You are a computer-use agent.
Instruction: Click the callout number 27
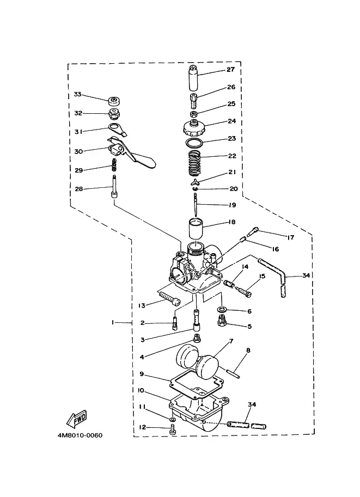tap(230, 70)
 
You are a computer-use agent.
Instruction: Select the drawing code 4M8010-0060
tap(80, 435)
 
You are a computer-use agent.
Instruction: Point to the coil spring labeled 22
tap(196, 163)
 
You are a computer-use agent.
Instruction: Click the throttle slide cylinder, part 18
tap(196, 228)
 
